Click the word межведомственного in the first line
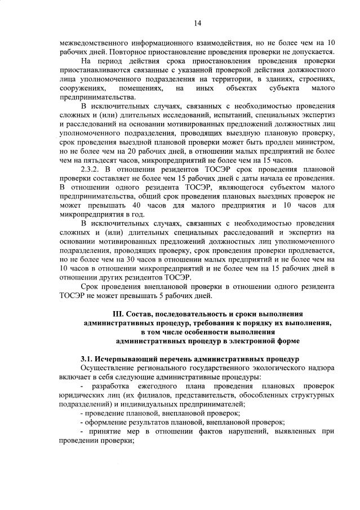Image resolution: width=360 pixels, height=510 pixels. point(88,43)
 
